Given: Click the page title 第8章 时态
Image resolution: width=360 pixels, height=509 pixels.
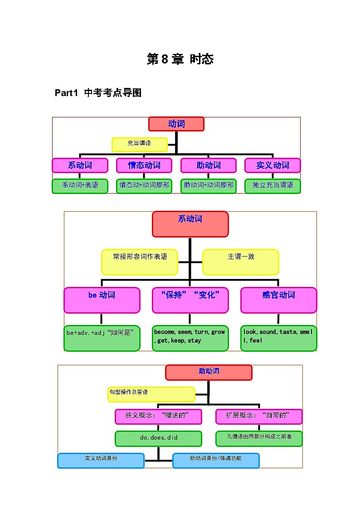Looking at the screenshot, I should point(180,59).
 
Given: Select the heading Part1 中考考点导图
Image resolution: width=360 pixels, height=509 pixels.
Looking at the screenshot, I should point(98,93).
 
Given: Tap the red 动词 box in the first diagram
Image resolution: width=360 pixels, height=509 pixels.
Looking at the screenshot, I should point(176,124).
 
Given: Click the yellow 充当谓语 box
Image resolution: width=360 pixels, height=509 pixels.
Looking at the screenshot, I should point(140,144).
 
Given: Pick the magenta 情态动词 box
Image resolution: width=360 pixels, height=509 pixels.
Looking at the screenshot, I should point(144,165).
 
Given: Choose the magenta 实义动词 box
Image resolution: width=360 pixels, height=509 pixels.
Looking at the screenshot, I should point(272,165).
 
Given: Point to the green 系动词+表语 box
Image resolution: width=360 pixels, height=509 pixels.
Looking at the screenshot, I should point(80,186).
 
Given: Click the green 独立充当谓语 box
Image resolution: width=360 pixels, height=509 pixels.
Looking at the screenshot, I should point(272,186).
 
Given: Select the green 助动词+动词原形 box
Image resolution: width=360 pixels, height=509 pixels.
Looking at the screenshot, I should point(209,186).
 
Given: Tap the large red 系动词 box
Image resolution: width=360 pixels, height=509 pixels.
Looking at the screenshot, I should point(190,224).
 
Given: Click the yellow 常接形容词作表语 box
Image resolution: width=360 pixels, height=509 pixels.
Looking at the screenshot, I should point(140,262).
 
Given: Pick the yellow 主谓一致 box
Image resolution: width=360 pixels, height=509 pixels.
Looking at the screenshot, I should point(241,262).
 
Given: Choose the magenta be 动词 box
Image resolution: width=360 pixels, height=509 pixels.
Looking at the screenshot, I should point(102,300).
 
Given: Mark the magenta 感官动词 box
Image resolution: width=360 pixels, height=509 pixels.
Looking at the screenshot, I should point(278,300).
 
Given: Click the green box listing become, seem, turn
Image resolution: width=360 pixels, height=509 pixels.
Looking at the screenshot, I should point(190,338).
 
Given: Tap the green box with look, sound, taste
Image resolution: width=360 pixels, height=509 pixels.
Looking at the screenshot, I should point(278,338).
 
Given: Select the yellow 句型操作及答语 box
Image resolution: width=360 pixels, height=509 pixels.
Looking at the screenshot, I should point(151,394).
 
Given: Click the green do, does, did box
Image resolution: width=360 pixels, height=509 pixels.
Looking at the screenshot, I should point(158,439).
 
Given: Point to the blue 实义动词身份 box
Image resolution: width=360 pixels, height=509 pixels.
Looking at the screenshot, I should point(101,461).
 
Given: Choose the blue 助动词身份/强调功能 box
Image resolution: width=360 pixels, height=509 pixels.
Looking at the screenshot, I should point(216,461).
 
